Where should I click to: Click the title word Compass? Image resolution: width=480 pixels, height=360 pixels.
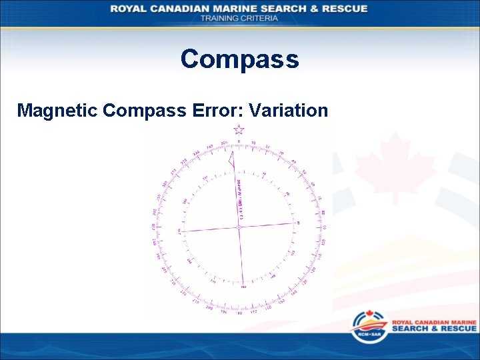[239, 59]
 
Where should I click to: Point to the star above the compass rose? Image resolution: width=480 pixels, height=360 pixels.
[239, 130]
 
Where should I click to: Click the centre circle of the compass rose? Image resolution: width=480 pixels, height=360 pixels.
[239, 228]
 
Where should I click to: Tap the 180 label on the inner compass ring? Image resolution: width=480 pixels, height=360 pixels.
[243, 287]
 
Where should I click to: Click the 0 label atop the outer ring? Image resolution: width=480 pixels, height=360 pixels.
[239, 142]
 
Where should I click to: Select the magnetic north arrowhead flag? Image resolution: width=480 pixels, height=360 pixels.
[231, 159]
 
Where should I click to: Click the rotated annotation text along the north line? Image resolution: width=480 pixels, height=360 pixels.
[239, 197]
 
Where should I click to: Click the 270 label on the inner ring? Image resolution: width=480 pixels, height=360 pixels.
[179, 231]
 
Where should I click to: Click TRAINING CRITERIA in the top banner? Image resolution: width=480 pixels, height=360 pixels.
[239, 18]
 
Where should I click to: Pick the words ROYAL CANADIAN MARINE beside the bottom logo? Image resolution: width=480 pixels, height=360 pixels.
[434, 322]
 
